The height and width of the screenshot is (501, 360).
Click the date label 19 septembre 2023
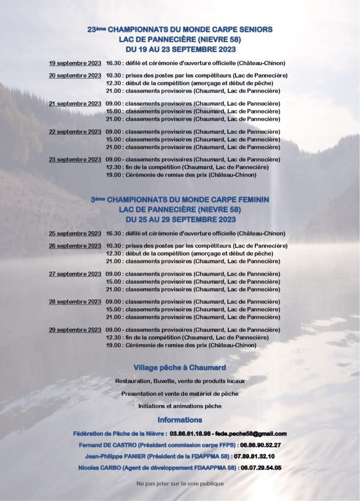(x=75, y=63)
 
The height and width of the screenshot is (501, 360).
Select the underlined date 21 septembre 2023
(x=75, y=104)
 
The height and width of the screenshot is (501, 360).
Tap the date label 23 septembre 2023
(x=75, y=159)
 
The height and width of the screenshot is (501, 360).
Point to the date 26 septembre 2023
(x=75, y=246)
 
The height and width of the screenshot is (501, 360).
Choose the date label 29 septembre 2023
(x=75, y=330)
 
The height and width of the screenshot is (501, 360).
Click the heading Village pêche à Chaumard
(x=180, y=368)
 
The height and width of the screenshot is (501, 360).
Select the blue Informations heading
(x=180, y=420)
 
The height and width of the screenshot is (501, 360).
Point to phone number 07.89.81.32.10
(x=254, y=456)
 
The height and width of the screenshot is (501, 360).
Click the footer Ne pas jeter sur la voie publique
(x=180, y=483)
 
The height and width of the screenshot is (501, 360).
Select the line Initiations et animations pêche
(x=180, y=406)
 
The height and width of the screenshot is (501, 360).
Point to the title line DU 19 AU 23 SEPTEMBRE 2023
(x=180, y=49)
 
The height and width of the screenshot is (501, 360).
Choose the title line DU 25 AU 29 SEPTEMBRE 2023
(x=180, y=219)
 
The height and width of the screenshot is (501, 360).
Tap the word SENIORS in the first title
(x=252, y=30)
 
